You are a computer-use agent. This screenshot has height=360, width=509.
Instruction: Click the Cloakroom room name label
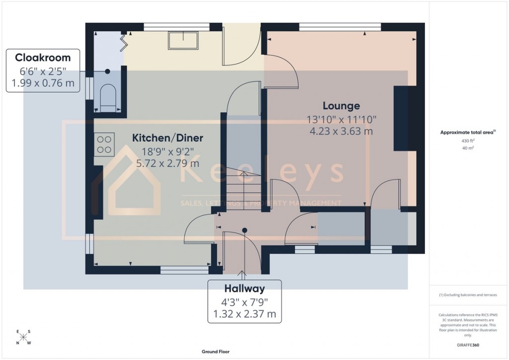tap(43, 57)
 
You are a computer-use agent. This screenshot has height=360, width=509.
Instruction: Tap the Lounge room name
tap(341, 106)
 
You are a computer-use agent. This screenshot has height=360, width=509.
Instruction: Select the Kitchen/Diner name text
tap(168, 138)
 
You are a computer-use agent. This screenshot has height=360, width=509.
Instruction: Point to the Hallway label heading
tap(244, 288)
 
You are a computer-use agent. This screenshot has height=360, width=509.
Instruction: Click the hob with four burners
tap(104, 144)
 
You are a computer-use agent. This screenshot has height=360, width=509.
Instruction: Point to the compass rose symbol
tap(23, 337)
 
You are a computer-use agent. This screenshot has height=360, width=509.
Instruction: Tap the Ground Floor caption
tap(215, 352)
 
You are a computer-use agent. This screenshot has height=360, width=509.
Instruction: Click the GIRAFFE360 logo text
tap(468, 345)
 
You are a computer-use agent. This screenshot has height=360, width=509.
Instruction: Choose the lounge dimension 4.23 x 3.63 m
tap(341, 132)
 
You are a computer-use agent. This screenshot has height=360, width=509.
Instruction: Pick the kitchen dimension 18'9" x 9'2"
tap(168, 151)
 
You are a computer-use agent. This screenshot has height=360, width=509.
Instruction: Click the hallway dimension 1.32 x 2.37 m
tap(244, 314)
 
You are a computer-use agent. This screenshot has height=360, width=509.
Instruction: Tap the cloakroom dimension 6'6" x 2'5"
tap(43, 71)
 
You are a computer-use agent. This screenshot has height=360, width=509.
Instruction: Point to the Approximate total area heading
tap(467, 132)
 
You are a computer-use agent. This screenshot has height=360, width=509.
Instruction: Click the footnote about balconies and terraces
tap(468, 295)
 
